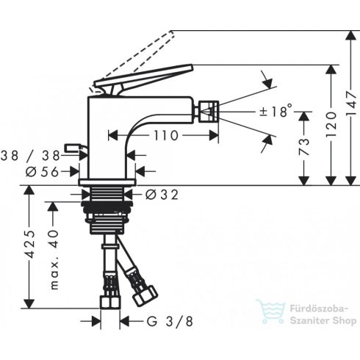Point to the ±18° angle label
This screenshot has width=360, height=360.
(276, 112)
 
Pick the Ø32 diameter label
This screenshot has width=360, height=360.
(162, 195)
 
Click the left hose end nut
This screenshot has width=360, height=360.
(109, 301)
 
